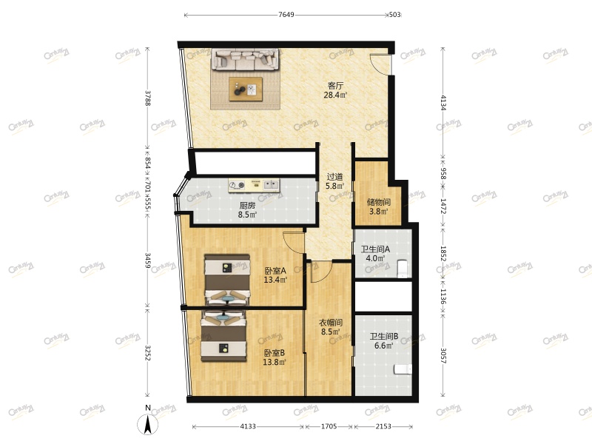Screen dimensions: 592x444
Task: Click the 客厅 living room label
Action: pyautogui.click(x=335, y=86)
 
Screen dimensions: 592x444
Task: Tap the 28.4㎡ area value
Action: pyautogui.click(x=335, y=95)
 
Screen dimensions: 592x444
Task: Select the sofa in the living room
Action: pyautogui.click(x=246, y=60)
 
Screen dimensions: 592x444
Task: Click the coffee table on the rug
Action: pyautogui.click(x=246, y=89)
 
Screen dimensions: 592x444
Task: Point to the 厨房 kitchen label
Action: pyautogui.click(x=247, y=206)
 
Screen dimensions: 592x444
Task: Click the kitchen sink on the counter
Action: pyautogui.click(x=271, y=184)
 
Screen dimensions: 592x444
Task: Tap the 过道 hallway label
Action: pyautogui.click(x=335, y=177)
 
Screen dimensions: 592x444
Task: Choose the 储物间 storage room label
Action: pyautogui.click(x=379, y=202)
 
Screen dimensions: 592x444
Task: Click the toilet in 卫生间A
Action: pyautogui.click(x=403, y=267)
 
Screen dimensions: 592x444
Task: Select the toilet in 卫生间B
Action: pyautogui.click(x=403, y=369)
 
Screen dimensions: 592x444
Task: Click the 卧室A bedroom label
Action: pyautogui.click(x=275, y=271)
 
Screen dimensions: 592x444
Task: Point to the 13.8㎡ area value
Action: pyautogui.click(x=275, y=363)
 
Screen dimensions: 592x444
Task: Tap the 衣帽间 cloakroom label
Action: pyautogui.click(x=331, y=323)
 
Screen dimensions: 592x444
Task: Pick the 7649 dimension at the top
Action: pyautogui.click(x=286, y=15)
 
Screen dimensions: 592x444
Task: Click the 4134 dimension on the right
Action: pyautogui.click(x=443, y=102)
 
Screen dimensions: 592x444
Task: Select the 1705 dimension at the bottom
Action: pyautogui.click(x=329, y=426)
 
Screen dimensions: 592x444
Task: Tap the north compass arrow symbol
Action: pyautogui.click(x=147, y=424)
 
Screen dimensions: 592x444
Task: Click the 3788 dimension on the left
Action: pyautogui.click(x=148, y=98)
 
